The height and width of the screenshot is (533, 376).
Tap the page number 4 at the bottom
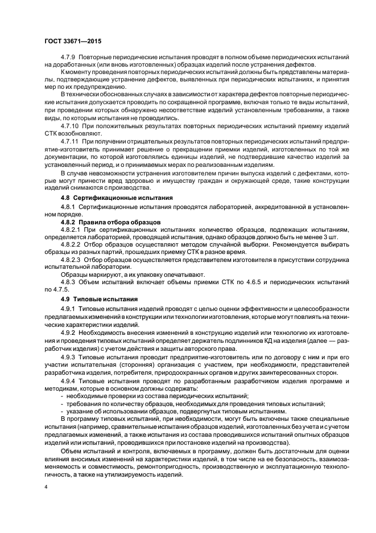pyautogui.click(x=47, y=487)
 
